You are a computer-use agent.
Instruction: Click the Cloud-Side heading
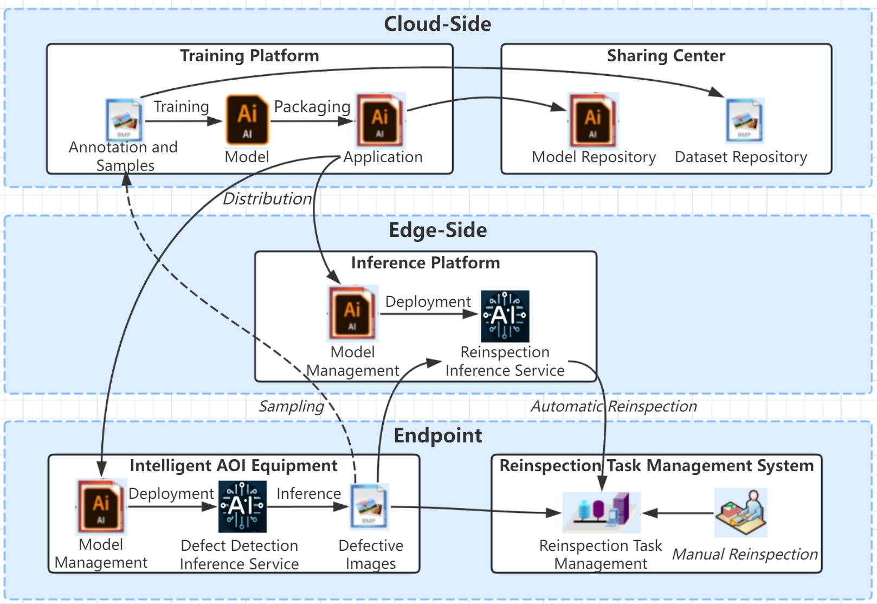pos(437,24)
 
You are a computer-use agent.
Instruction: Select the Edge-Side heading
pos(437,230)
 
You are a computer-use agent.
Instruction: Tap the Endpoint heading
pos(437,435)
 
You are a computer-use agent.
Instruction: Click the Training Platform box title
pos(249,56)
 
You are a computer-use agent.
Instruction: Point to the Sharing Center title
pos(666,56)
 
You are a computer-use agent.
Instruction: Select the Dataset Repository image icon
pos(744,120)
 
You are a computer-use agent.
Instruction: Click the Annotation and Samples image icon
pos(124,119)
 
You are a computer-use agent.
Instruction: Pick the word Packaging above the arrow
pos(312,107)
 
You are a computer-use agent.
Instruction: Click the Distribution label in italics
pos(267,198)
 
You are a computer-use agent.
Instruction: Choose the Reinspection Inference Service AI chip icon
pos(505,316)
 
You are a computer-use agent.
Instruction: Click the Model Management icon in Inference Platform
pos(352,313)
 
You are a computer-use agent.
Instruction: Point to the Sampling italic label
pos(291,406)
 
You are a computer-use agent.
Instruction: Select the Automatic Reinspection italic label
pos(614,406)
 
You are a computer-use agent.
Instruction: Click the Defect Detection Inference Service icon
pos(242,506)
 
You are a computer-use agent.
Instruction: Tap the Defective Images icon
pos(369,506)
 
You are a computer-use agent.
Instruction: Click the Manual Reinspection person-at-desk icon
pos(740,512)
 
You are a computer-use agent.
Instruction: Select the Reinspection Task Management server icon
pos(601,512)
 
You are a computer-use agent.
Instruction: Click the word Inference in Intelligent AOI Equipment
pos(308,493)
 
